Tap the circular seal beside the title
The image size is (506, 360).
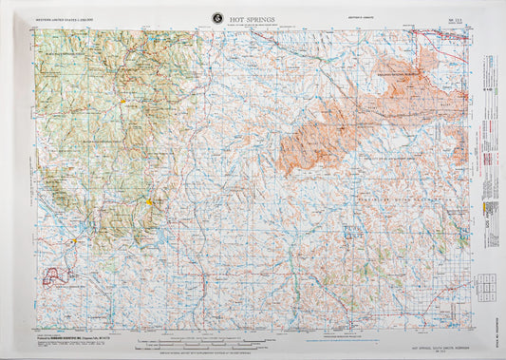(x=217, y=17)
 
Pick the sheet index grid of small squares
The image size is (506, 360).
(x=484, y=284)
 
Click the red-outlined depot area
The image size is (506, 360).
(x=60, y=276)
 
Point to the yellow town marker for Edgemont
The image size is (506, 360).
(x=75, y=241)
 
